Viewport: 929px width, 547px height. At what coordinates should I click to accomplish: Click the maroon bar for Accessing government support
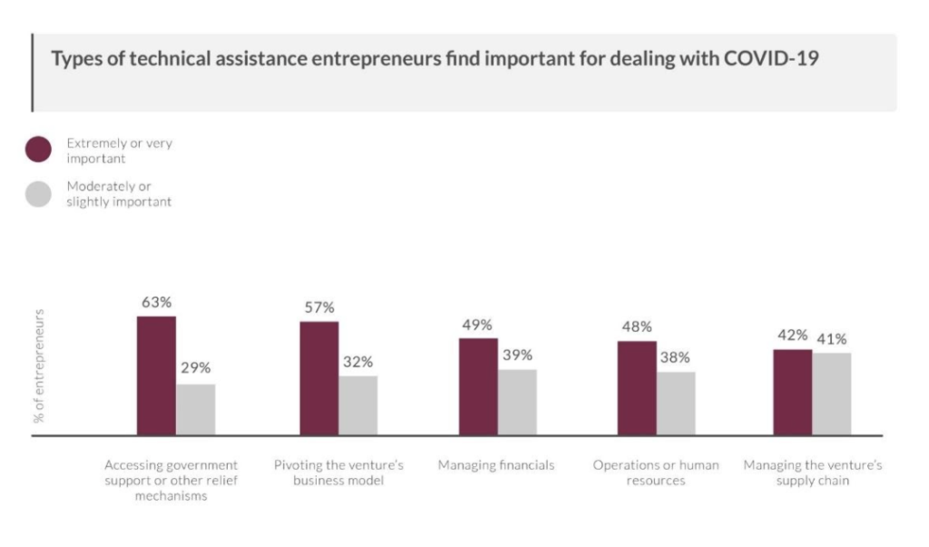156,376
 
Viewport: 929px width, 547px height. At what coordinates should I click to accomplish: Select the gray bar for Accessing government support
195,409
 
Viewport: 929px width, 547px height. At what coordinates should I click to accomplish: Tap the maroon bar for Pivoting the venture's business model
318,378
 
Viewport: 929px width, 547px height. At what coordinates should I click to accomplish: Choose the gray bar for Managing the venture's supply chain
831,394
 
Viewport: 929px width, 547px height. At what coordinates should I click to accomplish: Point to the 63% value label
156,302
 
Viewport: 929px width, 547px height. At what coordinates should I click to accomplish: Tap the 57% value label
318,307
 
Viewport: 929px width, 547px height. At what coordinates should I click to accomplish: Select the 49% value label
477,324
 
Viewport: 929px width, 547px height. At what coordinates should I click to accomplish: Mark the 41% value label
831,338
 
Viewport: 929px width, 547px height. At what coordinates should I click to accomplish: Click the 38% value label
675,357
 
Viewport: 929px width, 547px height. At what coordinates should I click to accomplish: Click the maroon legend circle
38,151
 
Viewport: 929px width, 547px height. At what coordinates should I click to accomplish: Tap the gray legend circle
38,194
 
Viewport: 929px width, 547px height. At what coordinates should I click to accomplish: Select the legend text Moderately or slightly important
118,194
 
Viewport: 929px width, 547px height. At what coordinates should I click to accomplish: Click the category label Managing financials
496,465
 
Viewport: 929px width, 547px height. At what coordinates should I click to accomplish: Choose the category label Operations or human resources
655,473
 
